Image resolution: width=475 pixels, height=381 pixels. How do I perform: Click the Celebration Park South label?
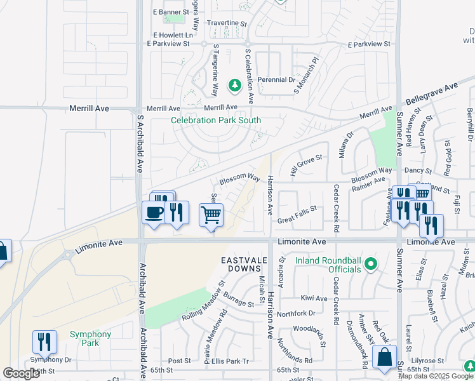point(216,120)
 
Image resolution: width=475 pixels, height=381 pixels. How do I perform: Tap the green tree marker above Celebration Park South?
point(234,85)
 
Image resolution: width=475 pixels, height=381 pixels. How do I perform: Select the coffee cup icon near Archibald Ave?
point(154,212)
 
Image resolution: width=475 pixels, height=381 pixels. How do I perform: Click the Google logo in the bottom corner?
point(21,373)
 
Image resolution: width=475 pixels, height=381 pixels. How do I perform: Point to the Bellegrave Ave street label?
point(431,95)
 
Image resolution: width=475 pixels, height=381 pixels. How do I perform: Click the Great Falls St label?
point(297,220)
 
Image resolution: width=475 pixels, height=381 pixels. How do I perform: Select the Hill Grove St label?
point(305,166)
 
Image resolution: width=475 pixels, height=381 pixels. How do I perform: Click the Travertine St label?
point(226,23)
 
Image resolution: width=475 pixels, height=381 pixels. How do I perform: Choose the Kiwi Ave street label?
point(314,298)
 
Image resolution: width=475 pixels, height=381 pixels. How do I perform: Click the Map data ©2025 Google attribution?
point(436,376)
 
